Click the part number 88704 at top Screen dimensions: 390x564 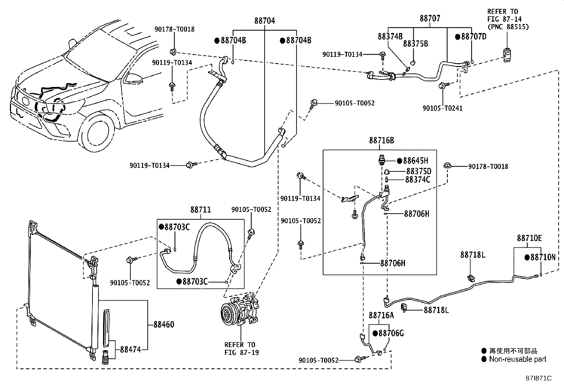click(264, 21)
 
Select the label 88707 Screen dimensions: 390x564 click(430, 18)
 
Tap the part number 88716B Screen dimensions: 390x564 click(381, 141)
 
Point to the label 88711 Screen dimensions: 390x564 click(201, 210)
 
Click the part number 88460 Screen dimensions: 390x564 click(164, 324)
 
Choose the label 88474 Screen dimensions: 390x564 click(130, 349)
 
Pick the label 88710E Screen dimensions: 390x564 click(529, 238)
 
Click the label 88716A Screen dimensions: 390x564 click(381, 315)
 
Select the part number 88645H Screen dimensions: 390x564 click(415, 161)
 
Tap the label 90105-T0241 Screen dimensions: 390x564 click(442, 108)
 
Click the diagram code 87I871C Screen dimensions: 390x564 click(539, 378)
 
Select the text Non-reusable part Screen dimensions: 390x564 click(518, 359)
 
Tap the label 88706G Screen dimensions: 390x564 click(391, 333)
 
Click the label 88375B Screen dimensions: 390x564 click(416, 44)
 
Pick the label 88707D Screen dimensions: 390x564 click(473, 37)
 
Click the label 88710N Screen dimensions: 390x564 click(543, 257)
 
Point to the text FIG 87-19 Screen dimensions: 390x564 click(242, 352)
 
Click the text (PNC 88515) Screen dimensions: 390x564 click(508, 27)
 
